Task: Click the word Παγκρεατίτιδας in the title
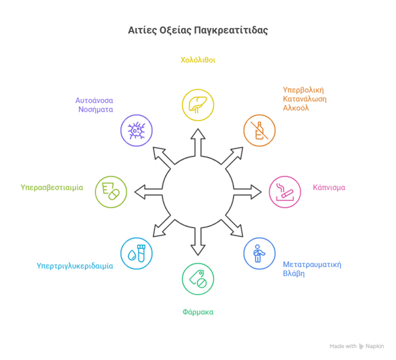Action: pyautogui.click(x=231, y=30)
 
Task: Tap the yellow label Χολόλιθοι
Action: pyautogui.click(x=198, y=60)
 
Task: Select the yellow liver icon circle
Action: pyautogui.click(x=198, y=105)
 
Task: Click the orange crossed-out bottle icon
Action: pyautogui.click(x=259, y=130)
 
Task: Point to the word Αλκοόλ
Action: pyautogui.click(x=296, y=108)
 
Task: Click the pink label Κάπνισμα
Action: pyautogui.click(x=329, y=188)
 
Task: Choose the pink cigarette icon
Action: pyautogui.click(x=285, y=192)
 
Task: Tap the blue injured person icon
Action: pyautogui.click(x=259, y=253)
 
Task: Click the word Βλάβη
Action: pyautogui.click(x=294, y=274)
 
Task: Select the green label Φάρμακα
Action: pyautogui.click(x=198, y=312)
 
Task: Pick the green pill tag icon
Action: pyautogui.click(x=198, y=279)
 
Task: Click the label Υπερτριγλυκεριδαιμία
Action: pyautogui.click(x=75, y=266)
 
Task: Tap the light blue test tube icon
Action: pyautogui.click(x=136, y=253)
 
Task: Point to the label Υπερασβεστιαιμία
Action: pyautogui.click(x=52, y=188)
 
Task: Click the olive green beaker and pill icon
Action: pyautogui.click(x=111, y=192)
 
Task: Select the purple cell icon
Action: pyautogui.click(x=136, y=130)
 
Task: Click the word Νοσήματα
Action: pyautogui.click(x=95, y=110)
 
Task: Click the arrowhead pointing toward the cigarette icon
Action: pyautogui.click(x=256, y=192)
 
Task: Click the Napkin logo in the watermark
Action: pyautogui.click(x=361, y=347)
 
